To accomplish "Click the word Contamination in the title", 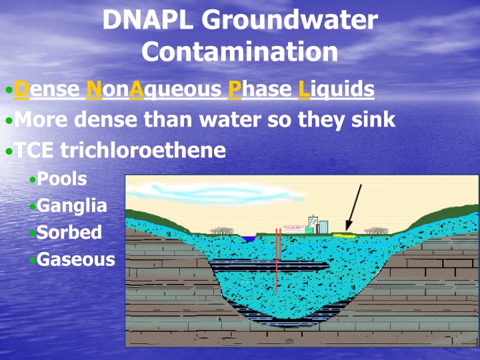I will [240, 51].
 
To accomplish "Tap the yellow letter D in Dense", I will [21, 89].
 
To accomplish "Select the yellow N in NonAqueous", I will [94, 89].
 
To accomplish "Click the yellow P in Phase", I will [235, 89].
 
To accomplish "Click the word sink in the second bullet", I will [371, 120].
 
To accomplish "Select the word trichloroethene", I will [143, 150].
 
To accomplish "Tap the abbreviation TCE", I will [36, 150].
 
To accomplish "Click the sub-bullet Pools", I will [61, 179].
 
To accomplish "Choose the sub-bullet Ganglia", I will [71, 205].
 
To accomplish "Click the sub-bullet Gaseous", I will [75, 259].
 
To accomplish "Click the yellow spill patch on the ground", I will [343, 235].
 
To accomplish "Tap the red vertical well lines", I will [278, 263].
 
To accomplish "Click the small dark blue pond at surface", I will [249, 238].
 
